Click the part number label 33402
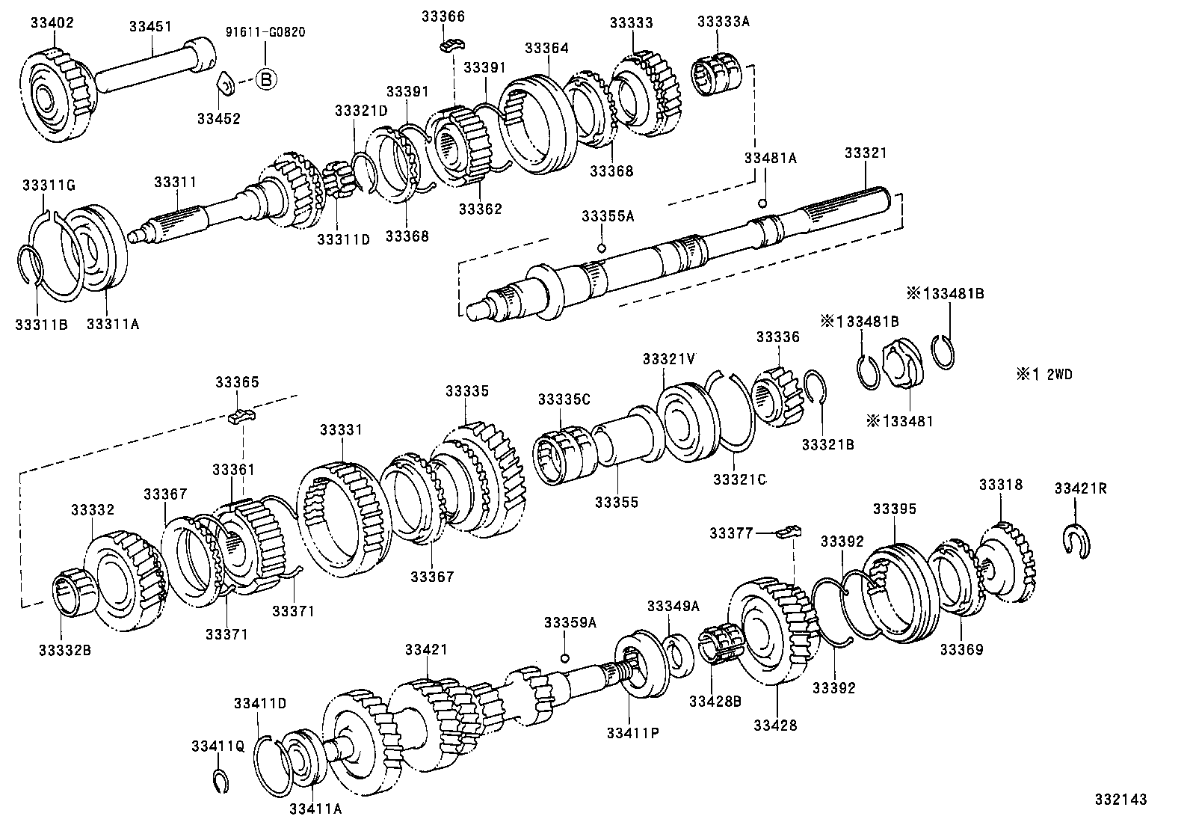click(52, 22)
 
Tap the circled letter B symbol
click(267, 79)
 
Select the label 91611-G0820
click(265, 33)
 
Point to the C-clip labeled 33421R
click(1076, 541)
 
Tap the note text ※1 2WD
click(1044, 375)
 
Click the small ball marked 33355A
click(601, 248)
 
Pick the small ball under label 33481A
click(762, 203)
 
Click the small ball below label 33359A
click(565, 658)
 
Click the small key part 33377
click(788, 533)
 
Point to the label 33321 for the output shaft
click(865, 153)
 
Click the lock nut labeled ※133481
click(902, 365)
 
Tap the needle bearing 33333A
click(717, 75)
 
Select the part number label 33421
click(426, 650)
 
